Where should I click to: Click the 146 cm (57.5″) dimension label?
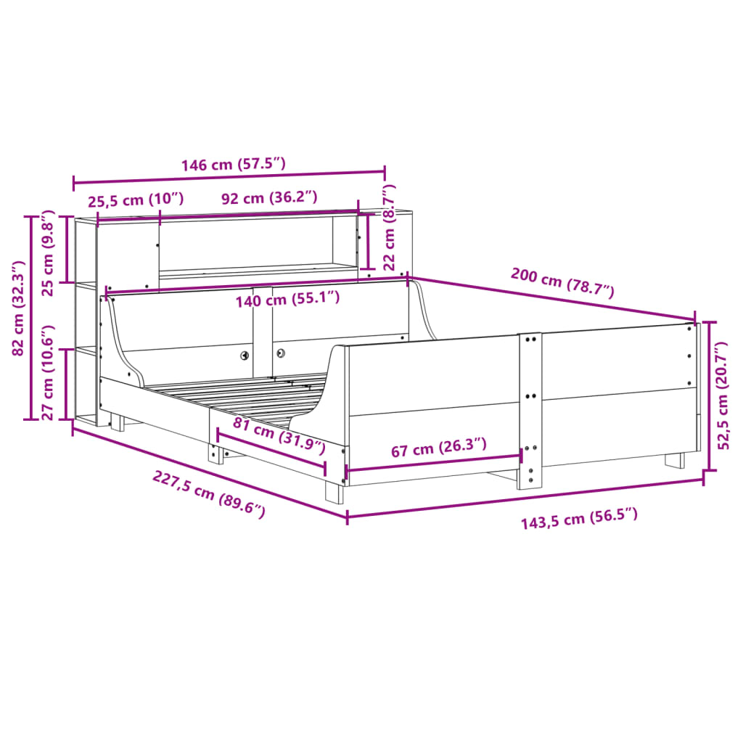[233, 164]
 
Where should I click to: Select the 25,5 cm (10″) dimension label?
[136, 199]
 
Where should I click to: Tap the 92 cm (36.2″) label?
[269, 197]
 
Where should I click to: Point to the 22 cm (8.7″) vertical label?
[388, 226]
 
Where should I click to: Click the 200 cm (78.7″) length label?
[562, 283]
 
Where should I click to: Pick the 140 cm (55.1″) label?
[287, 298]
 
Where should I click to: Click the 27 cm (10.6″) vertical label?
[48, 382]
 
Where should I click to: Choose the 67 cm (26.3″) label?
[438, 449]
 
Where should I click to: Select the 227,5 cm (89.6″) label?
[208, 493]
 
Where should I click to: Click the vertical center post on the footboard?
[530, 410]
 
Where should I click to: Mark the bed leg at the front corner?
[334, 491]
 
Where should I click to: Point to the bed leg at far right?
[674, 460]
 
